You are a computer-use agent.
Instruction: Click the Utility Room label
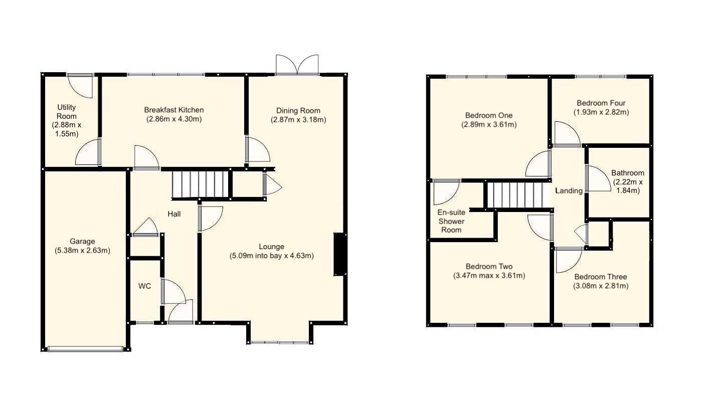pyautogui.click(x=67, y=111)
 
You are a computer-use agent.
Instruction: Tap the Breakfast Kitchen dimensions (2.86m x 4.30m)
pyautogui.click(x=174, y=119)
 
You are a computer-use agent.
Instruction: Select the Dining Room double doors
pyautogui.click(x=297, y=66)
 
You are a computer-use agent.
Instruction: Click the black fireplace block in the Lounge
pyautogui.click(x=339, y=254)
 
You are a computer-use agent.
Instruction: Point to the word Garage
pyautogui.click(x=82, y=242)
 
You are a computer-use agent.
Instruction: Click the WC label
pyautogui.click(x=144, y=287)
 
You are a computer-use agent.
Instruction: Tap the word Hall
pyautogui.click(x=174, y=214)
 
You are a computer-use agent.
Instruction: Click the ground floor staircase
pyautogui.click(x=200, y=185)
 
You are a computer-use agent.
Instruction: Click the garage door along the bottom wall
pyautogui.click(x=85, y=348)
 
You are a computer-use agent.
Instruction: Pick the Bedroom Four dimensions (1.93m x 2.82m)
pyautogui.click(x=601, y=112)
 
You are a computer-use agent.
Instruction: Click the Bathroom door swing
pyautogui.click(x=598, y=179)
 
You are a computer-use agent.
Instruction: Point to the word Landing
pyautogui.click(x=569, y=190)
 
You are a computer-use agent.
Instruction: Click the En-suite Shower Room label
pyautogui.click(x=451, y=221)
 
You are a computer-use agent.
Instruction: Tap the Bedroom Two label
pyautogui.click(x=489, y=267)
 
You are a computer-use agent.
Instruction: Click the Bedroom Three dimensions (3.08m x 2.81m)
pyautogui.click(x=601, y=286)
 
